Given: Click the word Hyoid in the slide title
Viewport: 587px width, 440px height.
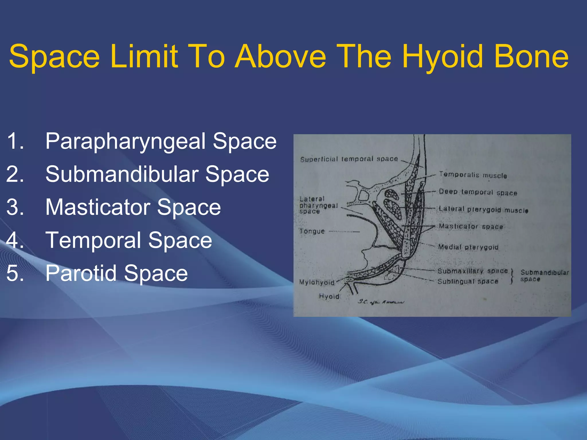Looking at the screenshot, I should pos(443,57).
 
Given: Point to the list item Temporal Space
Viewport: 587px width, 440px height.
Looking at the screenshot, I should pos(129,240).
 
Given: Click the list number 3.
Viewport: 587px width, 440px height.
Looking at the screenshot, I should pos(15,207).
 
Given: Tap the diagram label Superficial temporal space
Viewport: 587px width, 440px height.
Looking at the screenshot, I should pos(349,159).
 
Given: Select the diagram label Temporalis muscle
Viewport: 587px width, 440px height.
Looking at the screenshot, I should pos(473,175).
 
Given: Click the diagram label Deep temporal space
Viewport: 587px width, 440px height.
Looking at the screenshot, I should pos(478,192).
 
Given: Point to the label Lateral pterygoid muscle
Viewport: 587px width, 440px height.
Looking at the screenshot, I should pos(483,210).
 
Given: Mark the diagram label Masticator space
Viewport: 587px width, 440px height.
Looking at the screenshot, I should pos(471,227).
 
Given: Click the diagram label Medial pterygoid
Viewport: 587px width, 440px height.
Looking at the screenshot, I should pos(468,247).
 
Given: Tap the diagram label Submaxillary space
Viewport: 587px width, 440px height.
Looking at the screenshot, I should pos(472,271).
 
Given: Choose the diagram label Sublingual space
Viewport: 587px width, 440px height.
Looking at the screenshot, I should pos(468,282).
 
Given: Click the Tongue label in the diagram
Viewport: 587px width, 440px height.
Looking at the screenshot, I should pos(312,231).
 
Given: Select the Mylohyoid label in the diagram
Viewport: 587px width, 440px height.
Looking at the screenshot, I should pos(317,282).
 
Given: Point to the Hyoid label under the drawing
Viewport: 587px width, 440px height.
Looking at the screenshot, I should pos(329,296).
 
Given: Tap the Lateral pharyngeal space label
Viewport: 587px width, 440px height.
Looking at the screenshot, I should pos(318,205).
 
